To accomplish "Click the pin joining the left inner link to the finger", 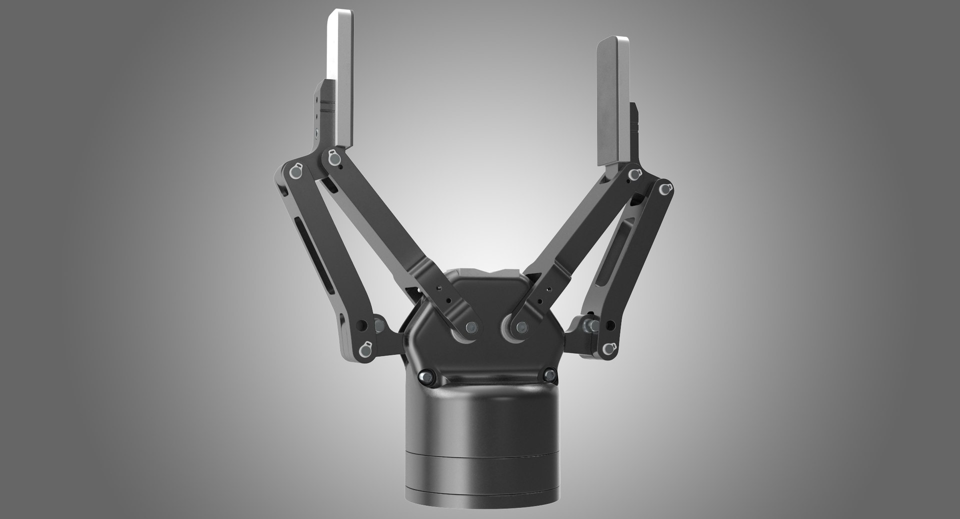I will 332,159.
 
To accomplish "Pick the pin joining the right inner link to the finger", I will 634,175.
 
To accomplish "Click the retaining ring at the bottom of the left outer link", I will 365,348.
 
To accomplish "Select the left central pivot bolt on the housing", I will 470,327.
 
